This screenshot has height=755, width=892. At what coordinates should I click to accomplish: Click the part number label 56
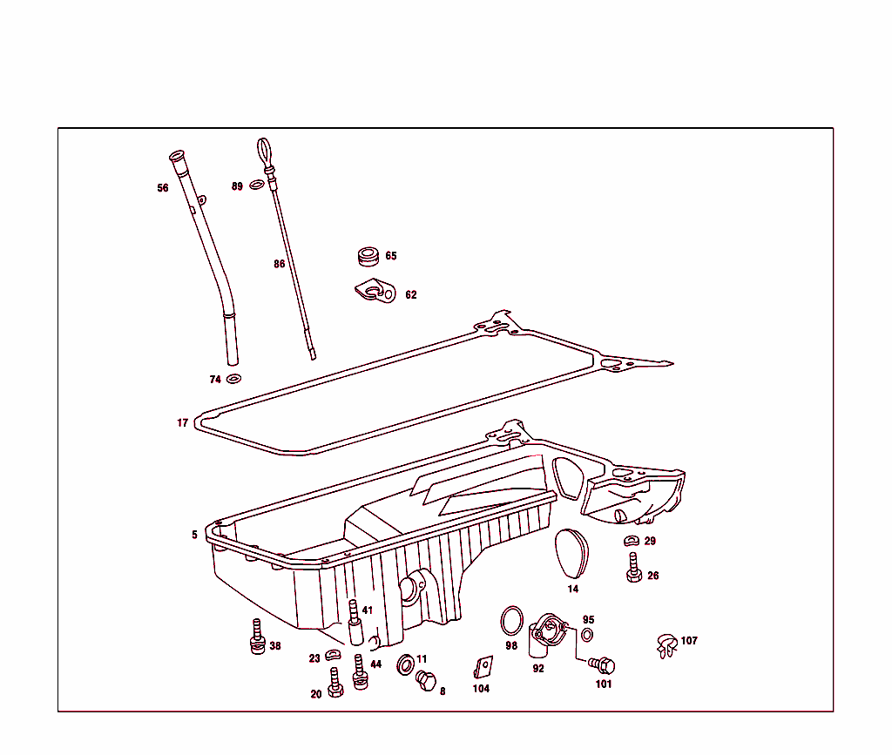point(163,187)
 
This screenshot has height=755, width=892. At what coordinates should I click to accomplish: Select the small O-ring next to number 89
point(257,185)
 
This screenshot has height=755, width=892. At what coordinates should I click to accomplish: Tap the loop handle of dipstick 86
point(263,153)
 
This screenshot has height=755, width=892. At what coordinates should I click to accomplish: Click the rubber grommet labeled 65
point(368,256)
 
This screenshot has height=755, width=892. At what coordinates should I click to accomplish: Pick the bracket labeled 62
point(375,291)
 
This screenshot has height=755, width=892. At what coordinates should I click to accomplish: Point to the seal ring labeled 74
point(233,379)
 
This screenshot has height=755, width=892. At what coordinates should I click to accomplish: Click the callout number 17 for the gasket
point(182,422)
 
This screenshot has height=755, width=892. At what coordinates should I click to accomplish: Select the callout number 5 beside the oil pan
point(194,535)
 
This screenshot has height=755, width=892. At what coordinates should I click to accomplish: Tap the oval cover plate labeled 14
point(571,553)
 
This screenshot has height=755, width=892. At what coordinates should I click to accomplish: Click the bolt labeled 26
point(634,568)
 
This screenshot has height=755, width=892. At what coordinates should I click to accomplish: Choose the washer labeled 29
point(632,540)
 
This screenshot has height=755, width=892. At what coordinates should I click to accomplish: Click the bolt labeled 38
point(258,637)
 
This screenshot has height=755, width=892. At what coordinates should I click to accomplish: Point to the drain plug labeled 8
point(426,680)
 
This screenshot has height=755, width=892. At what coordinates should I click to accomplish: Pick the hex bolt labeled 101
point(602,665)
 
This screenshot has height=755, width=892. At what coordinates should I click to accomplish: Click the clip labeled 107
point(666,645)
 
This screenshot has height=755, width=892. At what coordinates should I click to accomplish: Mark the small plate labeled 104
point(483,667)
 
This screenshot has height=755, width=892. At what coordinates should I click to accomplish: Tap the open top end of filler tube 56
point(177,155)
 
